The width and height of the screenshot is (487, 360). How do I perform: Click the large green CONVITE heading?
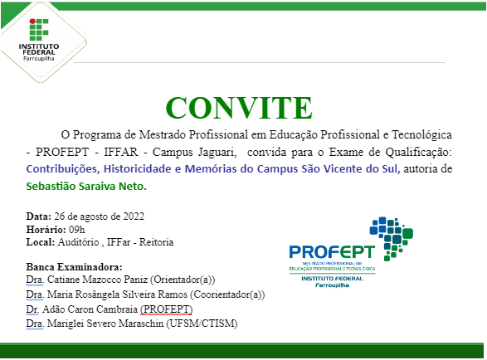point(239,108)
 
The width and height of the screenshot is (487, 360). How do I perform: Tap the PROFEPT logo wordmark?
point(331,251)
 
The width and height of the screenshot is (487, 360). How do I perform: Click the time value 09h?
point(76,229)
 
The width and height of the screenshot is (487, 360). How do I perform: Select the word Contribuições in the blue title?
point(63,168)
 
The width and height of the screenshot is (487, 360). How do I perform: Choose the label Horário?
point(46,229)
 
